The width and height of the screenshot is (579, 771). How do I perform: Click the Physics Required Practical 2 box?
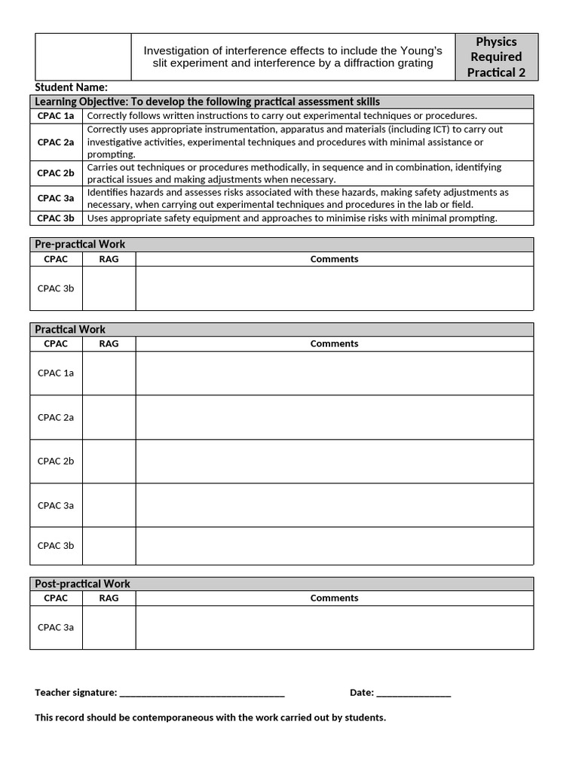pyautogui.click(x=496, y=57)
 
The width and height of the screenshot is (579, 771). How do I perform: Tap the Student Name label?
pyautogui.click(x=72, y=87)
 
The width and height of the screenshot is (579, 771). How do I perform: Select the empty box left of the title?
pyautogui.click(x=83, y=57)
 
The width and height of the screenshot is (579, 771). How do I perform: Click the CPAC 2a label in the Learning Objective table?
pyautogui.click(x=56, y=142)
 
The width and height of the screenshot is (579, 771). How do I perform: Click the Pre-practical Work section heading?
pyautogui.click(x=80, y=245)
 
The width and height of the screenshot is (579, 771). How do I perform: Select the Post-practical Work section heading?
pyautogui.click(x=82, y=584)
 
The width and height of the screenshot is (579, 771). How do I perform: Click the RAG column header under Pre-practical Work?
pyautogui.click(x=109, y=259)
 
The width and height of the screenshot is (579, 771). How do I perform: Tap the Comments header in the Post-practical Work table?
pyautogui.click(x=334, y=599)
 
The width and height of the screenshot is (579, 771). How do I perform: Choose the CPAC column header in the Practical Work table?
pyautogui.click(x=56, y=344)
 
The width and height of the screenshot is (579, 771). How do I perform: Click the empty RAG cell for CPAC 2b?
pyautogui.click(x=109, y=462)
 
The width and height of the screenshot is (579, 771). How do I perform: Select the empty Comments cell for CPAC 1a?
pyautogui.click(x=334, y=373)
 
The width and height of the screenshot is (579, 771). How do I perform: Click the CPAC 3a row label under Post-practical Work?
pyautogui.click(x=56, y=627)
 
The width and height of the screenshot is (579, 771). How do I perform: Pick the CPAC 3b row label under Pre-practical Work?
pyautogui.click(x=56, y=288)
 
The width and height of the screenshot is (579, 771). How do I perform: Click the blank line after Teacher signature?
pyautogui.click(x=201, y=693)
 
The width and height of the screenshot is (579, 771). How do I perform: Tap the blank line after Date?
pyautogui.click(x=412, y=693)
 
